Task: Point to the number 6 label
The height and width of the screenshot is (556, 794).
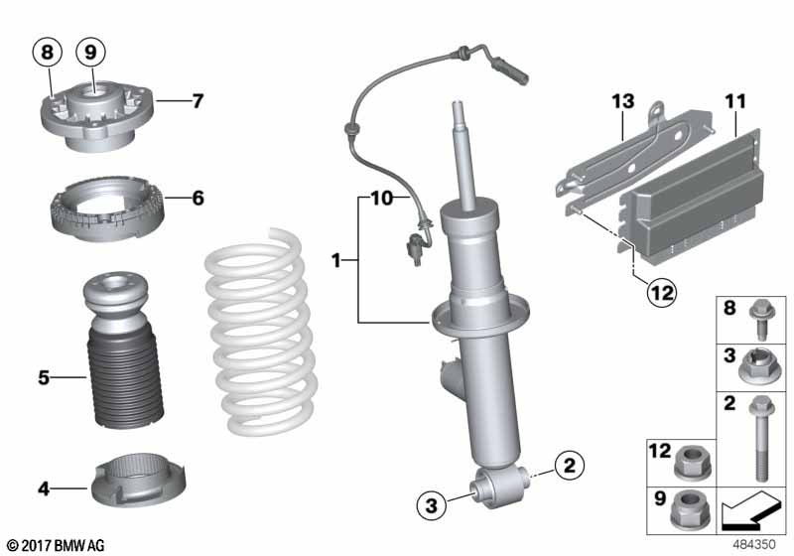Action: [x=198, y=199]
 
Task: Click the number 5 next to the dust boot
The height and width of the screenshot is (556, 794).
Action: [x=43, y=377]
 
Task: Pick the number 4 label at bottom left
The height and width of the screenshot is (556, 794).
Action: [x=43, y=487]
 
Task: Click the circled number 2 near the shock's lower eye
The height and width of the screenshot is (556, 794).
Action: [x=569, y=464]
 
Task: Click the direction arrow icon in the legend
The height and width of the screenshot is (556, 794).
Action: [x=750, y=514]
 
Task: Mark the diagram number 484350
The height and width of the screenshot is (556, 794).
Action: [x=755, y=545]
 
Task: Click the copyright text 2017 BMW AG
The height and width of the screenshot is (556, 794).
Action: [x=55, y=545]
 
